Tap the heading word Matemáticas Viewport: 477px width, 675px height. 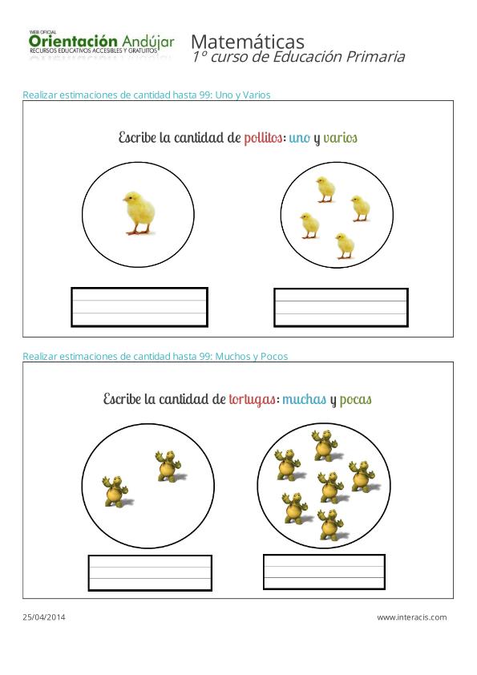pos(247,41)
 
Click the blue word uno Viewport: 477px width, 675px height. pos(299,138)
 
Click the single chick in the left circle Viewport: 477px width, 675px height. pos(139,212)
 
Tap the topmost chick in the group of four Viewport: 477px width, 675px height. pos(325,189)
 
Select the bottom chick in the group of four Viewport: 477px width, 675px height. pos(345,245)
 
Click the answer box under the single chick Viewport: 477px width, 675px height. pos(139,307)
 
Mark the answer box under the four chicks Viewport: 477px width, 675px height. pos(341,307)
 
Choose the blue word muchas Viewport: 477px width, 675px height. pos(304,399)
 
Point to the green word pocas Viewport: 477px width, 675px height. pos(355,399)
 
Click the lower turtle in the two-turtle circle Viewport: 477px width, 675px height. pos(117,491)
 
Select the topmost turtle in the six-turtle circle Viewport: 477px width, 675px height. pos(324,444)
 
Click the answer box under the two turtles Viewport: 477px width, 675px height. pos(150,572)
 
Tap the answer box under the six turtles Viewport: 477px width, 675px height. pos(324,572)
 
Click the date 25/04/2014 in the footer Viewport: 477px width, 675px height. pos(45,617)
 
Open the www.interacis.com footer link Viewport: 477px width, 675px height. pos(411,617)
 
